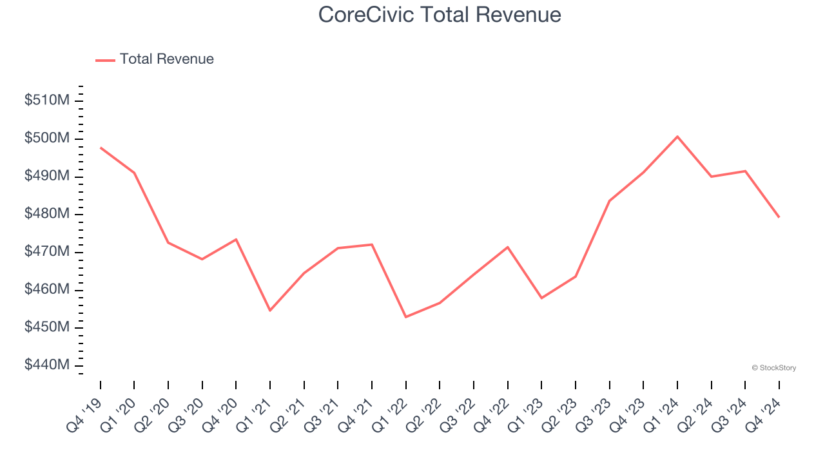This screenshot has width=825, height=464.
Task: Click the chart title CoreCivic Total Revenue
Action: (x=440, y=15)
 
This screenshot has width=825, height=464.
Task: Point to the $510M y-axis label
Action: (x=47, y=101)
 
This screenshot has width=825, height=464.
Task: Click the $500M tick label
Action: (x=47, y=139)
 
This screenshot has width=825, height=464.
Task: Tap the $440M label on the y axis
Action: (x=47, y=365)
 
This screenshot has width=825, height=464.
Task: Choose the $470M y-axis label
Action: (x=47, y=252)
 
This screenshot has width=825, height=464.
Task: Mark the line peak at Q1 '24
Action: (x=677, y=137)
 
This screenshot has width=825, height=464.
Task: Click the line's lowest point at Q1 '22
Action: (x=406, y=317)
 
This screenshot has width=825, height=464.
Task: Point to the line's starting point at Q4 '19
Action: (x=101, y=148)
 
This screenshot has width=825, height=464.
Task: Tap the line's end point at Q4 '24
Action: (x=779, y=217)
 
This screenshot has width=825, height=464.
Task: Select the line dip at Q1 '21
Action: (x=270, y=311)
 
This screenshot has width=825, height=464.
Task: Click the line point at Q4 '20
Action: (x=236, y=239)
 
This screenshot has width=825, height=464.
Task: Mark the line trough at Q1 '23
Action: (x=541, y=298)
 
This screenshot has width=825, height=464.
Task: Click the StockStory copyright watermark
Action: (x=773, y=368)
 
